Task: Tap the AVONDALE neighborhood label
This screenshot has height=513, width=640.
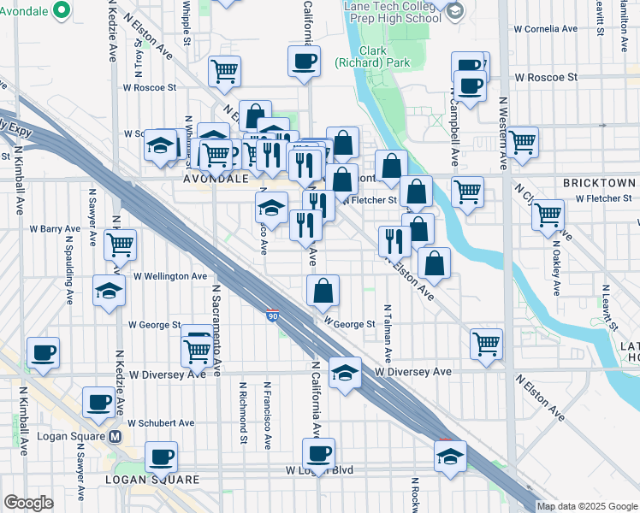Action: [x=216, y=180]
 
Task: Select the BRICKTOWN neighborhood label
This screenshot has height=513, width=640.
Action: [x=599, y=183]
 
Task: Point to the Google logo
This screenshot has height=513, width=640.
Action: [x=28, y=503]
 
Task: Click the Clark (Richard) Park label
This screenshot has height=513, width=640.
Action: [x=372, y=56]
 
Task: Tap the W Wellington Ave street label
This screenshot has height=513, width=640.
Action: [x=170, y=277]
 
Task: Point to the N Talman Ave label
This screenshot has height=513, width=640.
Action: [x=388, y=331]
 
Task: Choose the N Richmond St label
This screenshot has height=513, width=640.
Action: [x=244, y=413]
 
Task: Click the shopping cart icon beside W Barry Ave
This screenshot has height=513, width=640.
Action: [x=121, y=244]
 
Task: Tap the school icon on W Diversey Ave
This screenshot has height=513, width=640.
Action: [x=345, y=374]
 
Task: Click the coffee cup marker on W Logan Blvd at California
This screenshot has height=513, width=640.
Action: [x=319, y=453]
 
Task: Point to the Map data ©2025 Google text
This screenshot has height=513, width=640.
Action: [x=587, y=506]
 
